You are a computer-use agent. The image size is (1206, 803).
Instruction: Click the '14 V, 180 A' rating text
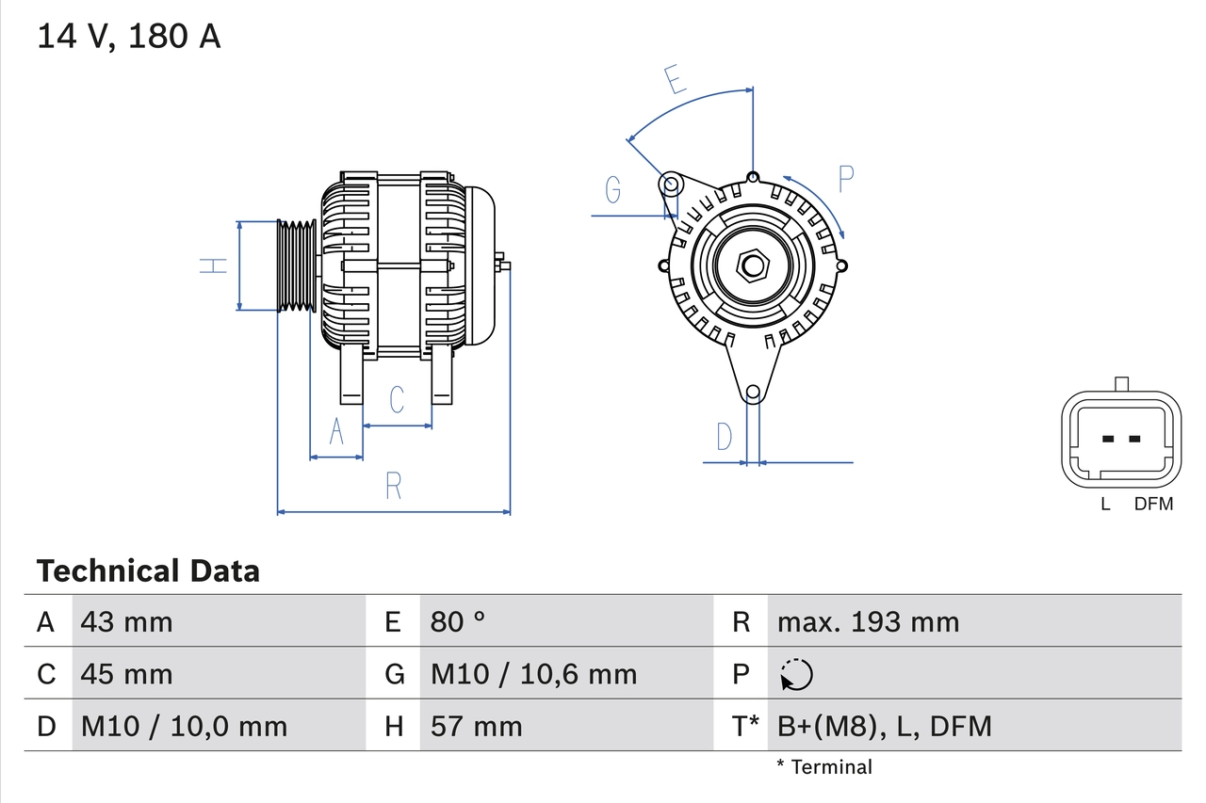click(129, 37)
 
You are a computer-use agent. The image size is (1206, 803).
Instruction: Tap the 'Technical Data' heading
click(148, 570)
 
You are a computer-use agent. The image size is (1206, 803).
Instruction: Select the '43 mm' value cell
click(127, 621)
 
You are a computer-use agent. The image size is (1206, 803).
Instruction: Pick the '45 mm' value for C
click(127, 674)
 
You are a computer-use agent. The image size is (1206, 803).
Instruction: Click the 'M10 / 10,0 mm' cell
click(184, 726)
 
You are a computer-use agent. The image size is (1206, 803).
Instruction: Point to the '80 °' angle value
click(459, 621)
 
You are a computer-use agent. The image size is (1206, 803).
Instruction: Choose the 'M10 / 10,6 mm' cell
click(533, 674)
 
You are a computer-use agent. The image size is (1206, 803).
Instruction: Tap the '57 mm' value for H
click(476, 726)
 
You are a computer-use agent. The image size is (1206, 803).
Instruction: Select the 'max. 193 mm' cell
click(868, 621)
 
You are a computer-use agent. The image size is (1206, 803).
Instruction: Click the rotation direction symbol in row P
click(797, 674)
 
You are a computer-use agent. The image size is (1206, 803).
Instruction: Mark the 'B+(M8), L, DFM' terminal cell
click(884, 726)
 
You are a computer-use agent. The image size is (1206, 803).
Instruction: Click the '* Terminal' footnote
click(824, 766)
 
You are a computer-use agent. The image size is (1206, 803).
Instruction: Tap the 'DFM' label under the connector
click(1153, 504)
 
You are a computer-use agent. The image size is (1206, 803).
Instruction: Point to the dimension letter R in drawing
click(394, 486)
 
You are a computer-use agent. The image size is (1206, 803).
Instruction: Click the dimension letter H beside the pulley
click(215, 265)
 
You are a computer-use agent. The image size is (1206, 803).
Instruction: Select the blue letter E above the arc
click(674, 80)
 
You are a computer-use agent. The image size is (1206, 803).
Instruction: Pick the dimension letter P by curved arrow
click(845, 178)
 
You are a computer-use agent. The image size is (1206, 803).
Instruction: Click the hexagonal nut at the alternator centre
click(752, 265)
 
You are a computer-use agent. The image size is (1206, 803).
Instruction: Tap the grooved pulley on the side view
click(297, 265)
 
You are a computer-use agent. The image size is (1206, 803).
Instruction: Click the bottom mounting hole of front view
click(752, 393)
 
